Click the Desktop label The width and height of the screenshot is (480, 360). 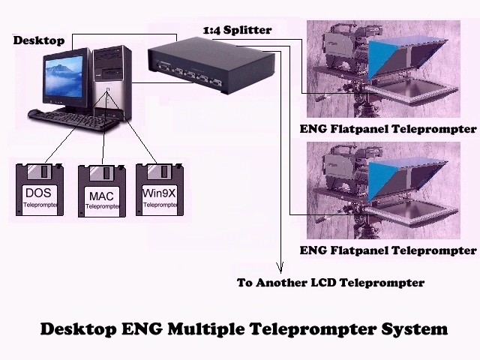pos(38,40)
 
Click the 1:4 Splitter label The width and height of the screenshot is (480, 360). pos(237,30)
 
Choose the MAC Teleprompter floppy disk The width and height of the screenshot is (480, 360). pos(102,190)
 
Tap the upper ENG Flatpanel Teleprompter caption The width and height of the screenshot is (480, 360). pos(388,129)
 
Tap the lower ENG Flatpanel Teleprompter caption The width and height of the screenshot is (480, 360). pos(388,250)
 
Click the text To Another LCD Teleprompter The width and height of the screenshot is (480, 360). pos(330,283)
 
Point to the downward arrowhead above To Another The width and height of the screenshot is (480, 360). pos(280,266)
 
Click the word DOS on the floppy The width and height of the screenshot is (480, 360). pos(37,193)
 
